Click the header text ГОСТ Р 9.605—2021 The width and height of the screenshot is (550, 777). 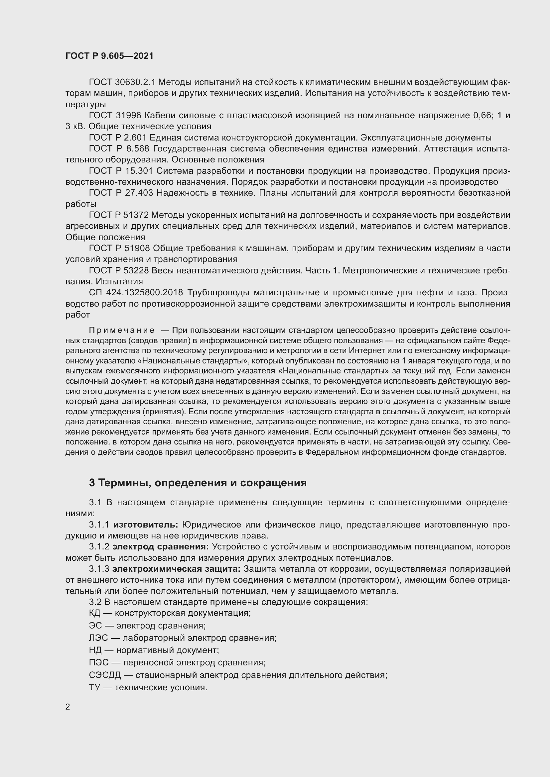click(x=109, y=56)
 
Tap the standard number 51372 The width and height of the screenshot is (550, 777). click(x=137, y=215)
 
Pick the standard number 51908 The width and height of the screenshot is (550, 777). click(x=137, y=248)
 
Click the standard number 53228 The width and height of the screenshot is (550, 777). click(x=137, y=270)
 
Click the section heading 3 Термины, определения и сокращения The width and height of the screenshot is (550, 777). click(x=198, y=483)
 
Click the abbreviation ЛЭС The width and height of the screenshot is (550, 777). click(x=98, y=638)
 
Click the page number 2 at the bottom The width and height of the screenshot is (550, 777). click(x=68, y=707)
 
